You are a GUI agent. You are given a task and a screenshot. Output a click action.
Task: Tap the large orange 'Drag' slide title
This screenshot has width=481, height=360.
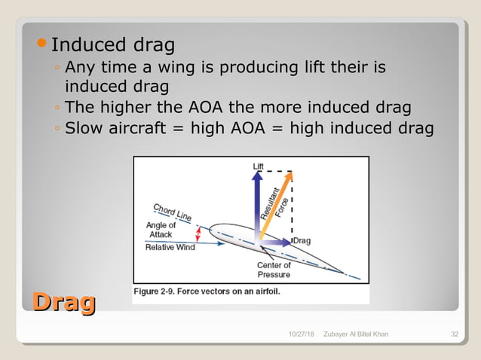[x=63, y=302]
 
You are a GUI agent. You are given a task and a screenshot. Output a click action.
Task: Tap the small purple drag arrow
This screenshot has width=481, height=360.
[x=277, y=241]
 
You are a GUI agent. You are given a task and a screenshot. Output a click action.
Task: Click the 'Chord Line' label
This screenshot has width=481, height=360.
[x=172, y=211]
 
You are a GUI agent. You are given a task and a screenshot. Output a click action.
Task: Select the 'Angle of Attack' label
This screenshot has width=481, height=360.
[x=161, y=230]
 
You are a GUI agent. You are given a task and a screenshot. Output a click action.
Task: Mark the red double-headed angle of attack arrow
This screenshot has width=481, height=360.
[x=198, y=234]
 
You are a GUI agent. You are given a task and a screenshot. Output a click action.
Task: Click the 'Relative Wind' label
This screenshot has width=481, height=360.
[x=170, y=246]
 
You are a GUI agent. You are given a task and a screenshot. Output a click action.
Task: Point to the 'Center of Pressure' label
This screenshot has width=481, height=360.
[x=274, y=270]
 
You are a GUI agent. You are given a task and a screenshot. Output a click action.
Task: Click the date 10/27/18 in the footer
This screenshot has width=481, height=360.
[x=302, y=334]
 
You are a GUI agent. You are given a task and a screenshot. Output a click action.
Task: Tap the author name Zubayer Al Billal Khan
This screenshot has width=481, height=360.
[x=355, y=334]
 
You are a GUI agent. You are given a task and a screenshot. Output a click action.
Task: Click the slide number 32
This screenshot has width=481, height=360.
[x=455, y=334]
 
